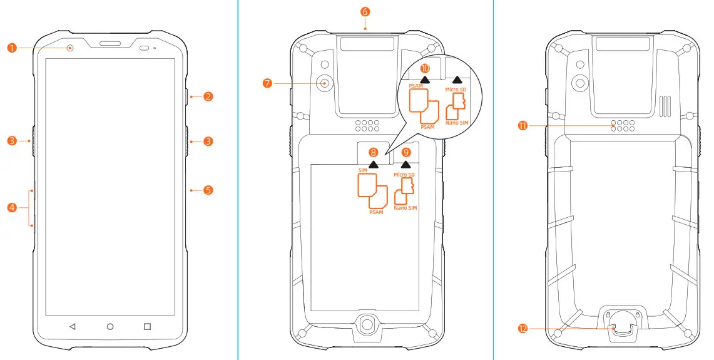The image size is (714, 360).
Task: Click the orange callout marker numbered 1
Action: point(11,48)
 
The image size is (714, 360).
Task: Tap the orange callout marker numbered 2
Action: point(208,97)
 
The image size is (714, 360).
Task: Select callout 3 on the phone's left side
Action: point(11,141)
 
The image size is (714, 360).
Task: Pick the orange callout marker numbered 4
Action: point(11,207)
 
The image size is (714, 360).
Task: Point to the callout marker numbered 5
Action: point(208,189)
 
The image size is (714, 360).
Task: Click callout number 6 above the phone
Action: point(365,11)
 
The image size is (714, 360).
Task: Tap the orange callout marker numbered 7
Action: point(268,82)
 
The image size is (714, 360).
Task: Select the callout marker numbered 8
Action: point(374,152)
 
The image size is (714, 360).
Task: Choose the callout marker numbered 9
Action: point(406,152)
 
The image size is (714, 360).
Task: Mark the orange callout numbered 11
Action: point(523,125)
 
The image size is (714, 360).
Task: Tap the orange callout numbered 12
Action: point(523,327)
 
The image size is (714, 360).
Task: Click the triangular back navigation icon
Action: point(72,326)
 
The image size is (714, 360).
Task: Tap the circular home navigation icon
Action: point(110,326)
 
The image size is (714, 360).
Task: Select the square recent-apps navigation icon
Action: point(148,326)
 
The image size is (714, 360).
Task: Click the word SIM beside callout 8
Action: point(363,170)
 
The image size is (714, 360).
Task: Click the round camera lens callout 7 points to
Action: point(325,82)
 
